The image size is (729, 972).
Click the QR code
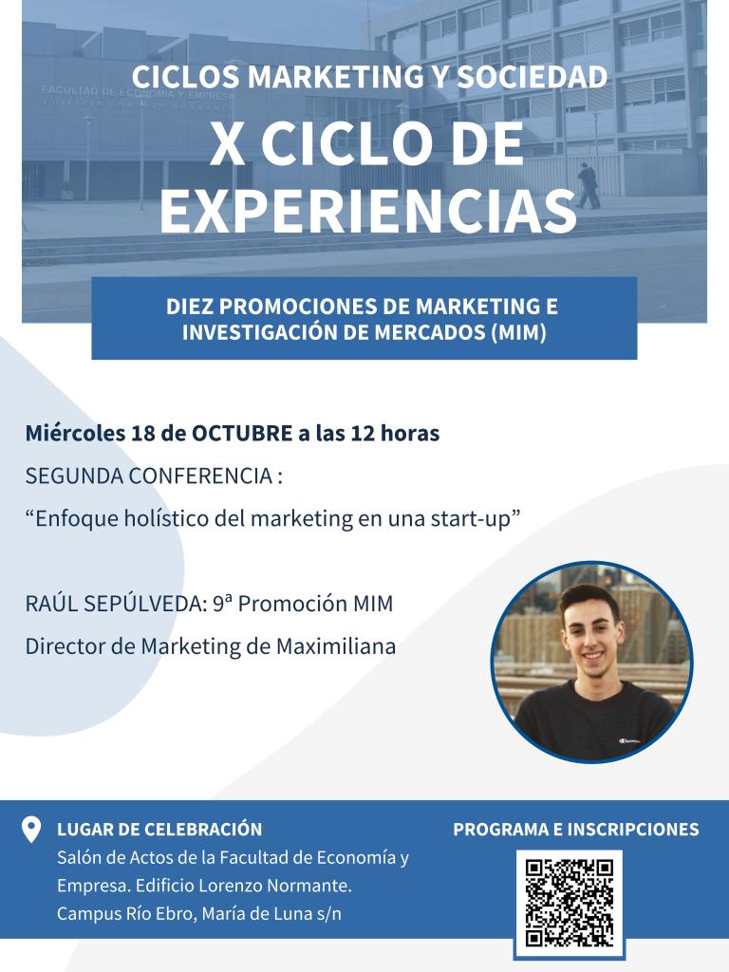point(570,903)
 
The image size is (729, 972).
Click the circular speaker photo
point(592,662)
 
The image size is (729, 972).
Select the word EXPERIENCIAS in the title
point(368,212)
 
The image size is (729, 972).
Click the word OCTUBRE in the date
point(242,433)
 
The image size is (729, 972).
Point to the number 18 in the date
point(142,433)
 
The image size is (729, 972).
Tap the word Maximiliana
point(336,645)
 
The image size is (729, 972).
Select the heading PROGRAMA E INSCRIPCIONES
point(576,830)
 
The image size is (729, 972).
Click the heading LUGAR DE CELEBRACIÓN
point(159,830)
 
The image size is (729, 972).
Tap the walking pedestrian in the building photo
point(587,185)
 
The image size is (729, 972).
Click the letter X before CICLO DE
point(227,144)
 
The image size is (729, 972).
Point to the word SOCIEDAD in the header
point(532,77)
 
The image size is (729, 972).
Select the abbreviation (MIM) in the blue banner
point(518,332)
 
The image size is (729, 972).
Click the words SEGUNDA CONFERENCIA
point(149,477)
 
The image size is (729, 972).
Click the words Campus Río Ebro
point(124,914)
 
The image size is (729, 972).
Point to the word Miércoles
point(75,433)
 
